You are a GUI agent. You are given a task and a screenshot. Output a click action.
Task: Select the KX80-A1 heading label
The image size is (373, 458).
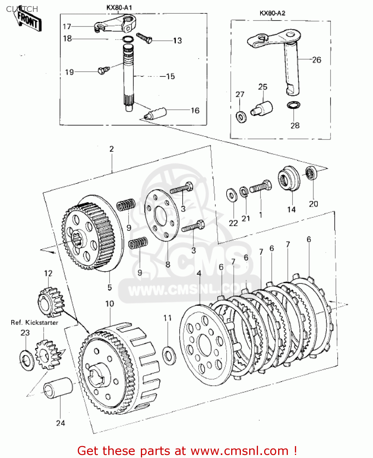click(x=119, y=8)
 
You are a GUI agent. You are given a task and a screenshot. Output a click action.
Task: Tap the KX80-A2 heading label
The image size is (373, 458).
click(x=272, y=13)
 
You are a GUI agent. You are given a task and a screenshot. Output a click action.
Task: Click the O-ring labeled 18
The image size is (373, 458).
click(x=127, y=39)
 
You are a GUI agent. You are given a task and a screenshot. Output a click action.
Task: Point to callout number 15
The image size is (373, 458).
click(x=170, y=76)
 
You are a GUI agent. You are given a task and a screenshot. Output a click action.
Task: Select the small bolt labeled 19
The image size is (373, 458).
click(x=102, y=70)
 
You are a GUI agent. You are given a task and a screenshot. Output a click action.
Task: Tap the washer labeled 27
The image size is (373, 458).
click(x=241, y=117)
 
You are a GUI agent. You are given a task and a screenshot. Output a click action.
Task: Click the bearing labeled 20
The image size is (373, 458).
click(x=311, y=173)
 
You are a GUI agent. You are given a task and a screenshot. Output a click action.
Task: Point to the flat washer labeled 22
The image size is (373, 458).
click(x=232, y=195)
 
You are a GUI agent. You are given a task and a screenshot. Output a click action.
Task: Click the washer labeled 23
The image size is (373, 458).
click(x=27, y=361)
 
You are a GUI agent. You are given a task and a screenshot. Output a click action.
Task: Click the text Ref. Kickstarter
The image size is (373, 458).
click(x=34, y=322)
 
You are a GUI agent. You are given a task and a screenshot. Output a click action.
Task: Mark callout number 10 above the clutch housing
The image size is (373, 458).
click(x=109, y=304)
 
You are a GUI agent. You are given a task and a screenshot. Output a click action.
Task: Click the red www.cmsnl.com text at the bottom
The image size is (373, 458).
click(x=240, y=451)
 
